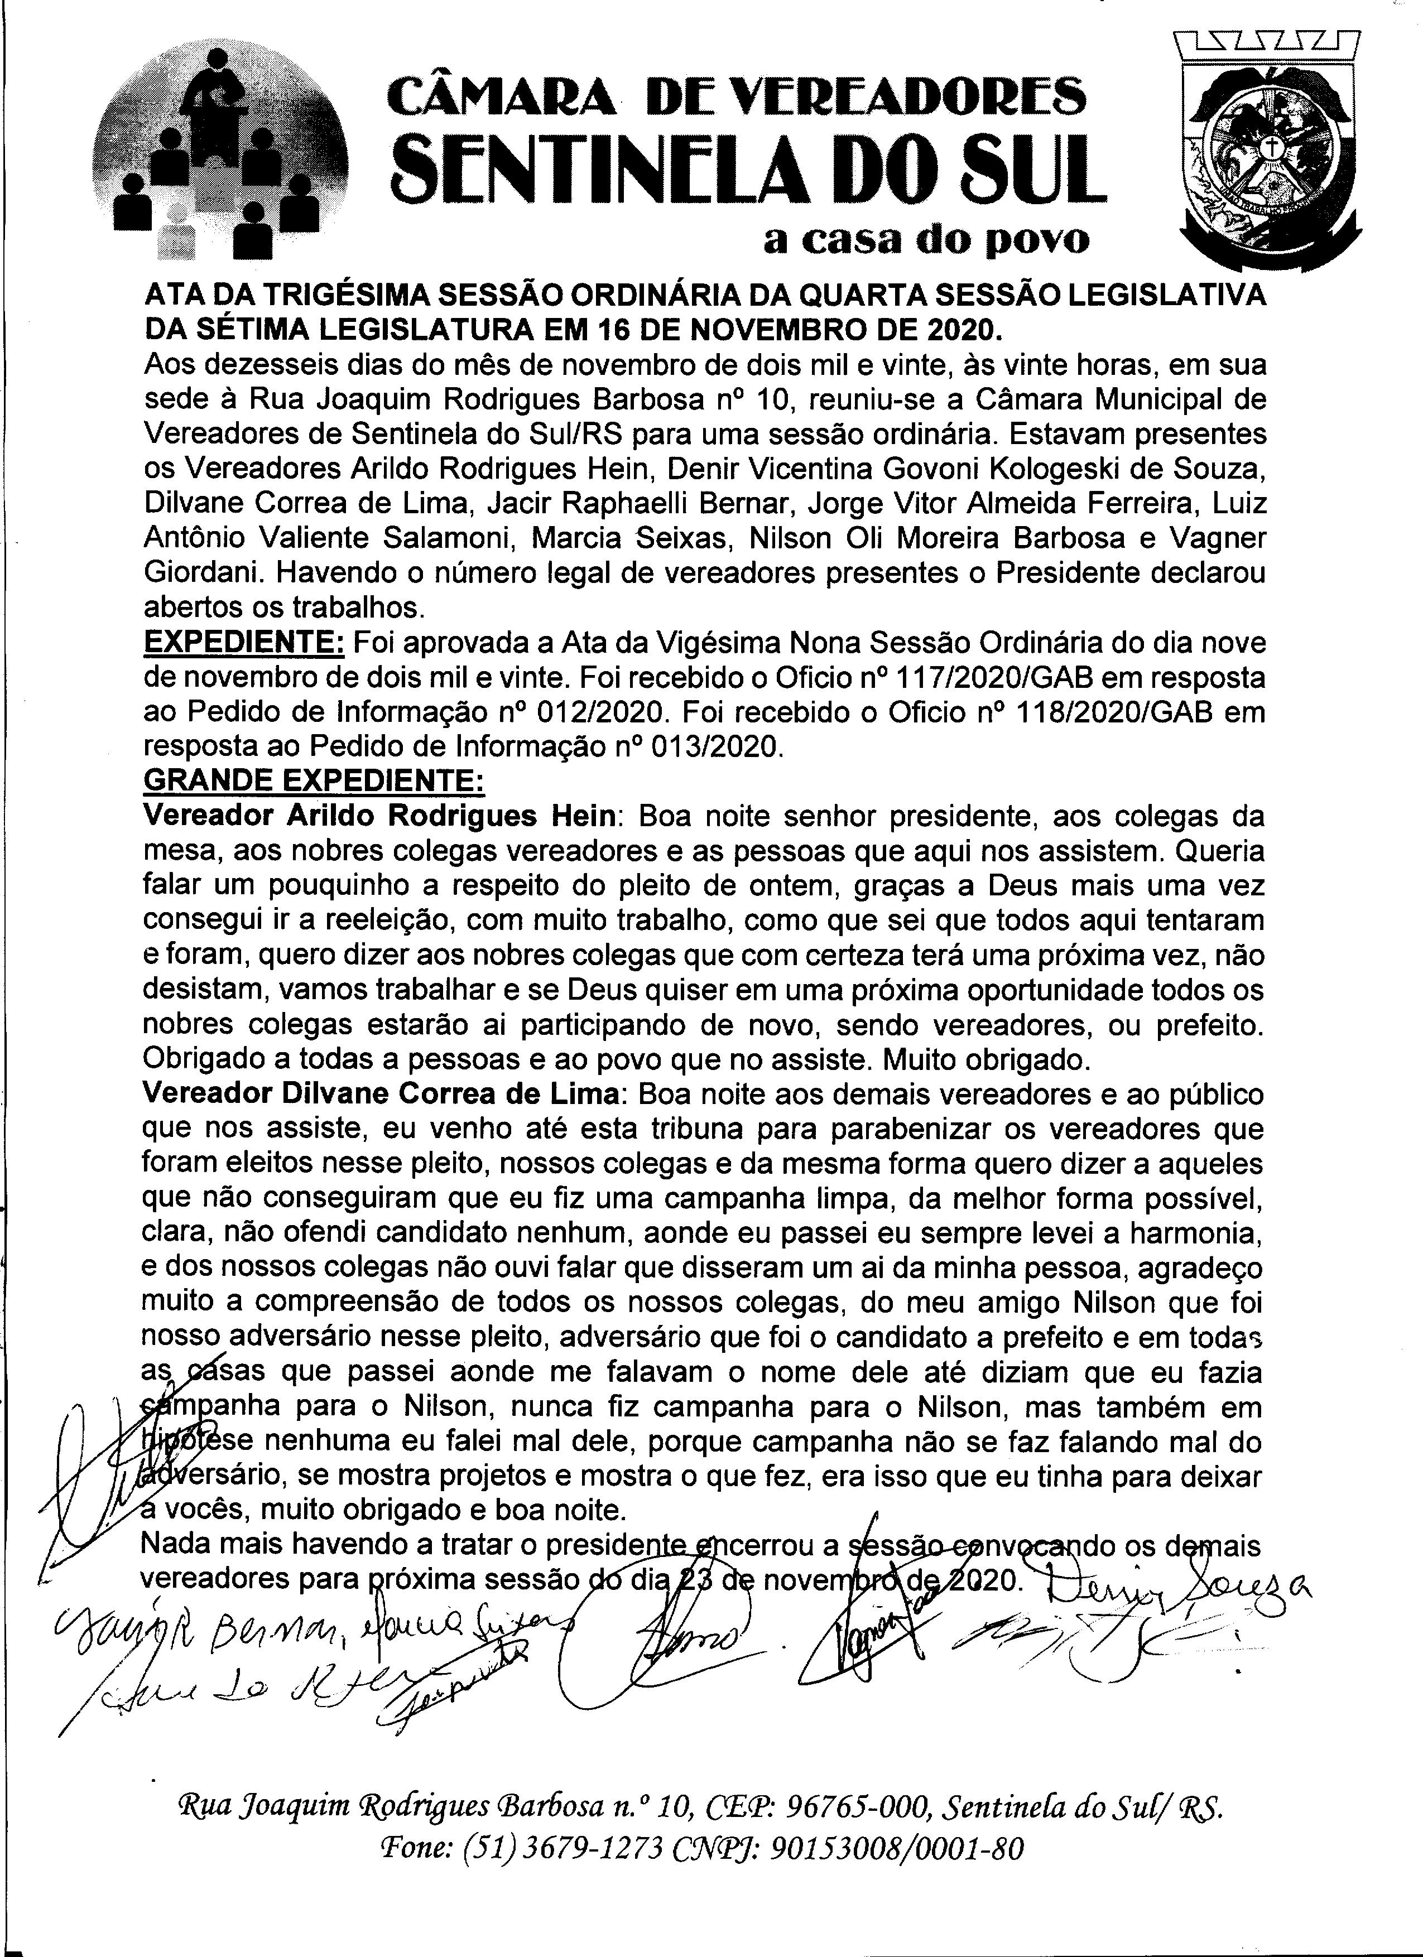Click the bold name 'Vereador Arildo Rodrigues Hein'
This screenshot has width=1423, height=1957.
tap(379, 816)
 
